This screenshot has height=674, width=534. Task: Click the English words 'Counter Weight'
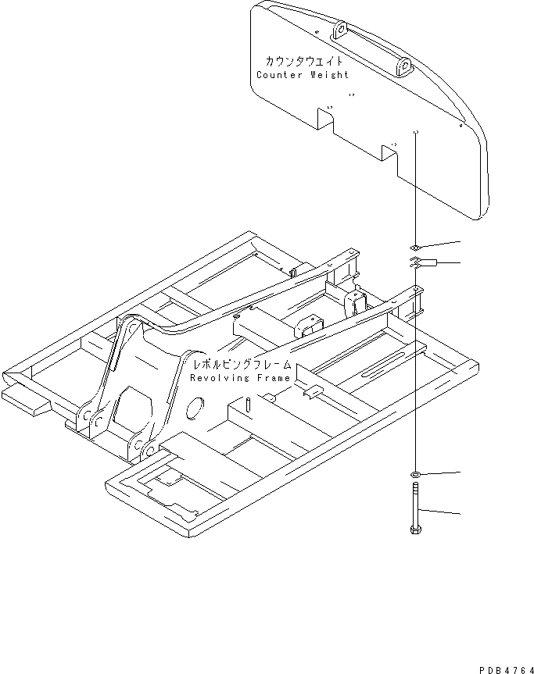point(303,75)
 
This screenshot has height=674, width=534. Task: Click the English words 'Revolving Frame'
point(240,378)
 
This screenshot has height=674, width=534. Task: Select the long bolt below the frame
point(415,508)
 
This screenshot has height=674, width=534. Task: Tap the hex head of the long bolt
point(415,530)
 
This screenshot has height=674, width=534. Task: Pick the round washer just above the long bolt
point(415,473)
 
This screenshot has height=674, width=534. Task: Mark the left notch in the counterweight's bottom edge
point(326,119)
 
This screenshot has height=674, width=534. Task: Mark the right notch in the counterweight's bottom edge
point(389,153)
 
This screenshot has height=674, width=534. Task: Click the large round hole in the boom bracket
point(195,405)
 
